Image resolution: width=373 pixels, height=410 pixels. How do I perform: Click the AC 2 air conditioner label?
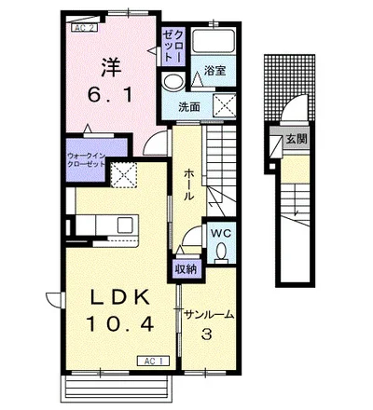pos(86,28)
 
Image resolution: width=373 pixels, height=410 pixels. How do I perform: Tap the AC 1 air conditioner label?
pos(154,361)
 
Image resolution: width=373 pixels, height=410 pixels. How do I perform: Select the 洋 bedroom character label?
pos(111,67)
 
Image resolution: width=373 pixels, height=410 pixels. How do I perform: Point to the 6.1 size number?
pos(110,95)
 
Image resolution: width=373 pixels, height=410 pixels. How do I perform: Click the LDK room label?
pos(120,298)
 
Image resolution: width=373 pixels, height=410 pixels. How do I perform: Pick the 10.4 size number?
pos(120,323)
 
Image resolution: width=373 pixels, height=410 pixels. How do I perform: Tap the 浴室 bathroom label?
pos(214,71)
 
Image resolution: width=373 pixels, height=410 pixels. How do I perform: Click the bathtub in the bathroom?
pos(214,41)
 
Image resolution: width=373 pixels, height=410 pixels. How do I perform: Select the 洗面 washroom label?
pos(189,107)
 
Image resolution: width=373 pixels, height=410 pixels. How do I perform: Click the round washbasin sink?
pos(173,82)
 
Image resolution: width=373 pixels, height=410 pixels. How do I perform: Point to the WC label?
pos(221,233)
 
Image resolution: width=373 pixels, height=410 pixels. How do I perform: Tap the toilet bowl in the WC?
pos(221,252)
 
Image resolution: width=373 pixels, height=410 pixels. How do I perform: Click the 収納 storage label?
pos(186,269)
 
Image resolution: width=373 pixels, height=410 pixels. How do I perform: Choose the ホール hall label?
pos(189,184)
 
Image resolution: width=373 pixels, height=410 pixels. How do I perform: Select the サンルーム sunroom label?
pos(209,315)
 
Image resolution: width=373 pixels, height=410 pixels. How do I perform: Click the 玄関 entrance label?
pos(297,139)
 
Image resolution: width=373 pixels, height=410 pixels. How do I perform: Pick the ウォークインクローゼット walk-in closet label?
pos(87,159)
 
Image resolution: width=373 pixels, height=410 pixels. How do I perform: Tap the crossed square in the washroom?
pos(224,105)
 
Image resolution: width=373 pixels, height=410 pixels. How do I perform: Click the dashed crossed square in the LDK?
pos(124,174)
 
